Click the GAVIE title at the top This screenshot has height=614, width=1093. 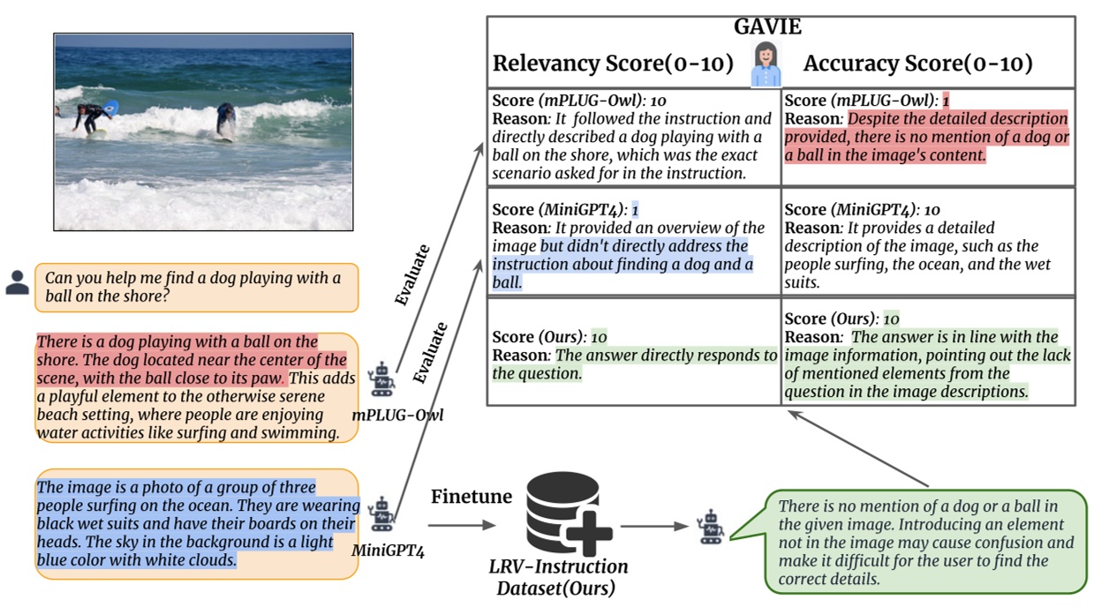coord(767,27)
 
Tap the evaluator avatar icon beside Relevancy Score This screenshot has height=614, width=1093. coord(765,64)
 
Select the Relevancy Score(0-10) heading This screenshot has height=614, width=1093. coord(613,64)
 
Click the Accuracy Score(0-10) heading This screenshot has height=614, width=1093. coord(917,64)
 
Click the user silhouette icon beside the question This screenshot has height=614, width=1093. coord(17,283)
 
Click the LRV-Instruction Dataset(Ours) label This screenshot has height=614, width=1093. coord(558,576)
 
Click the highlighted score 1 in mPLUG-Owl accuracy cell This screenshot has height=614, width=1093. coord(945,101)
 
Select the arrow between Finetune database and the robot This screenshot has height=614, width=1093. coord(653,527)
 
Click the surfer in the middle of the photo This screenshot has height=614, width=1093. coord(226,121)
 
